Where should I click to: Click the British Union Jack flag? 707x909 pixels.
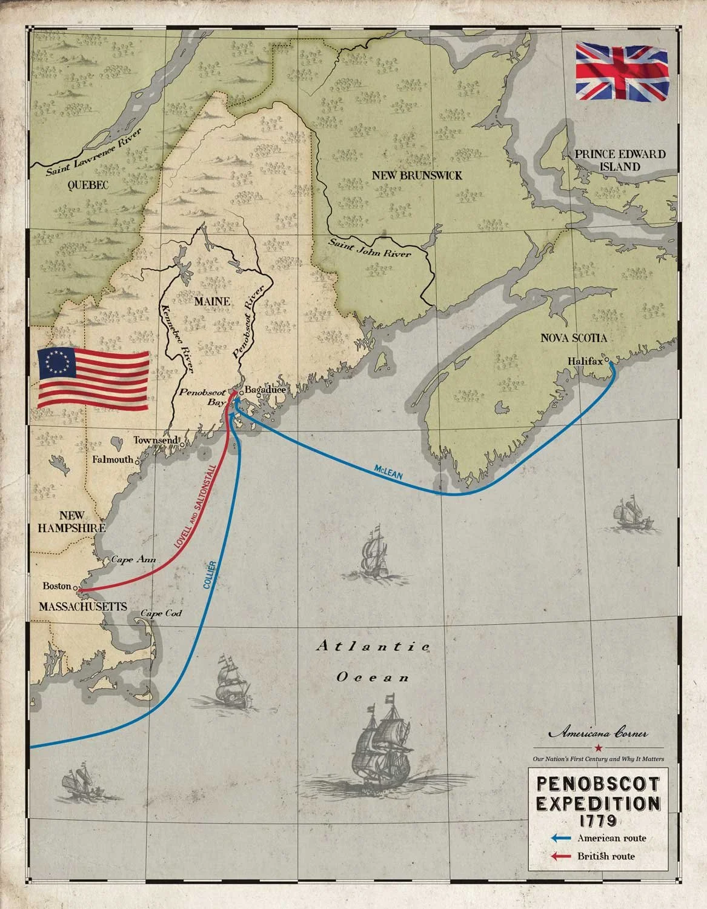coord(623,72)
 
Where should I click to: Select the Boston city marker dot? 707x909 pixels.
coord(75,588)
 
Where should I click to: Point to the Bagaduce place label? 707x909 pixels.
coord(265,389)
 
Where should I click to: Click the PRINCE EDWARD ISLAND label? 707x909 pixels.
coord(620,160)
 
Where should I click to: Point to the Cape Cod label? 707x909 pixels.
coord(161,613)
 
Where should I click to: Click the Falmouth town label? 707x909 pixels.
coord(112,459)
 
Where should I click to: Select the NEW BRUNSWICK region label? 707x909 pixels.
coord(417,175)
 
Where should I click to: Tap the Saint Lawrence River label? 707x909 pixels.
coord(95,152)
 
